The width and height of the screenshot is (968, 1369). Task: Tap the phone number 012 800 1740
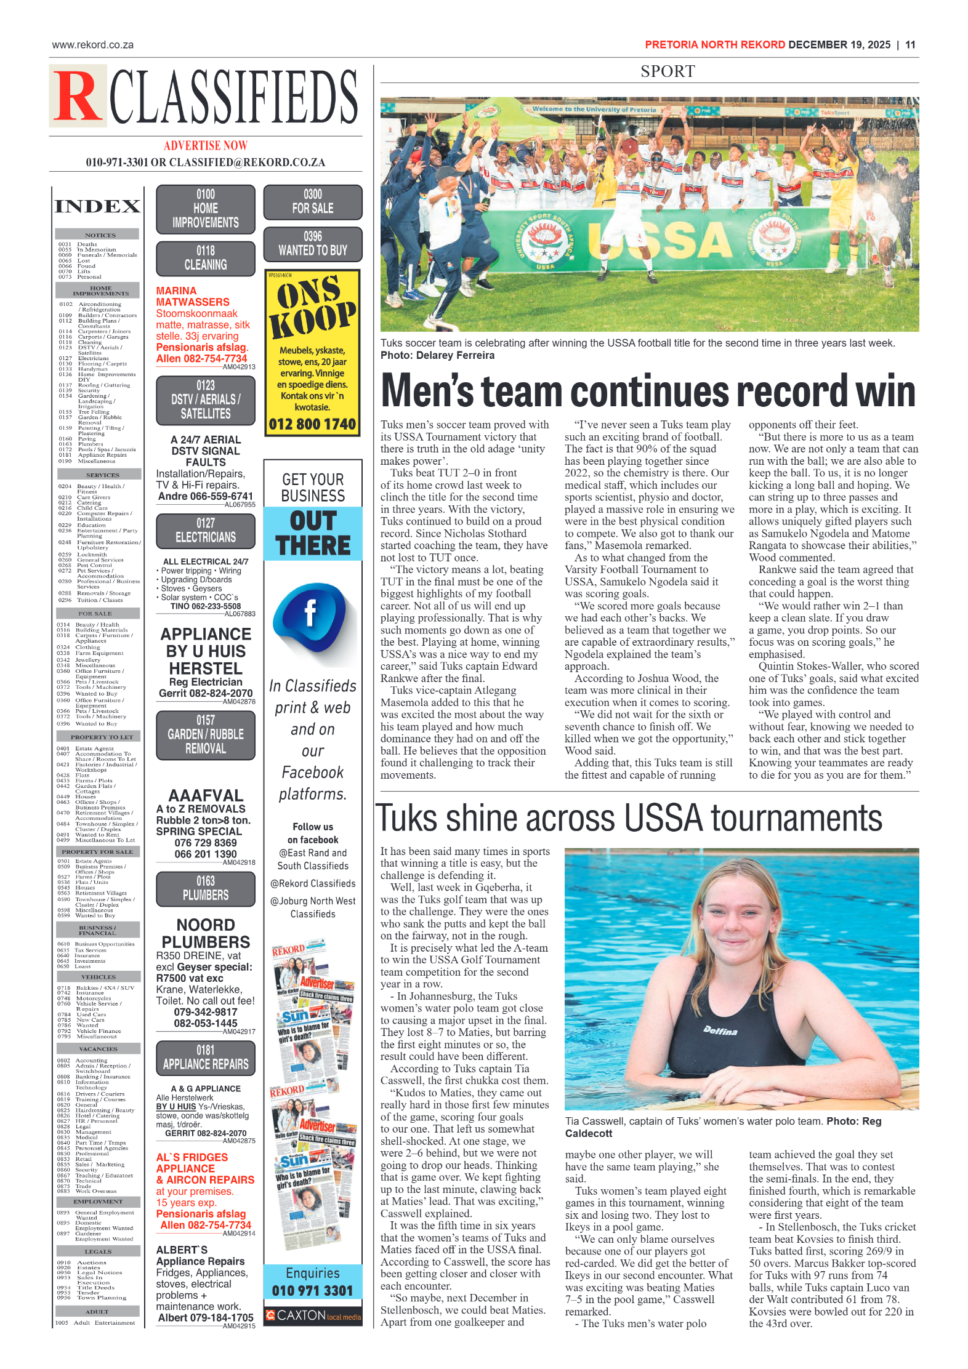312,424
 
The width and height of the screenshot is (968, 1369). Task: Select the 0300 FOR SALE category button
313,202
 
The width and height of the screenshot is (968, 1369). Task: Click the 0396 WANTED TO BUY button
313,244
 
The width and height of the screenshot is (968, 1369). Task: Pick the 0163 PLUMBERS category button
206,888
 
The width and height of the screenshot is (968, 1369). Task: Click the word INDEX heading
98,207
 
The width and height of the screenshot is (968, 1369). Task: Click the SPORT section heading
668,71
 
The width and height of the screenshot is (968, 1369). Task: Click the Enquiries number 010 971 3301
313,1290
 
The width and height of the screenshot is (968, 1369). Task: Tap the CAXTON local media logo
313,1315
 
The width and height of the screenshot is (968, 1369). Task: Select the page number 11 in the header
910,45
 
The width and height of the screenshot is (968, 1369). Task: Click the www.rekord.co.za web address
93,45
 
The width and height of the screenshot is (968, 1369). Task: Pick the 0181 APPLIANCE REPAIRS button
206,1058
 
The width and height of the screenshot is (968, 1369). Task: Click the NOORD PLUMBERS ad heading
206,933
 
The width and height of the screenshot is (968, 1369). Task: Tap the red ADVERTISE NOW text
206,146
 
